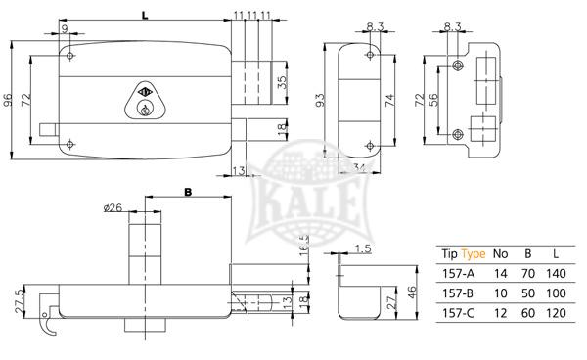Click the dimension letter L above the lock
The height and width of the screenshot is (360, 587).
(x=144, y=15)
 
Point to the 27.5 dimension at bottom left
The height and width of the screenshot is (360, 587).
(x=19, y=299)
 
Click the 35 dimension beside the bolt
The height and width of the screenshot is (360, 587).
(x=283, y=82)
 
